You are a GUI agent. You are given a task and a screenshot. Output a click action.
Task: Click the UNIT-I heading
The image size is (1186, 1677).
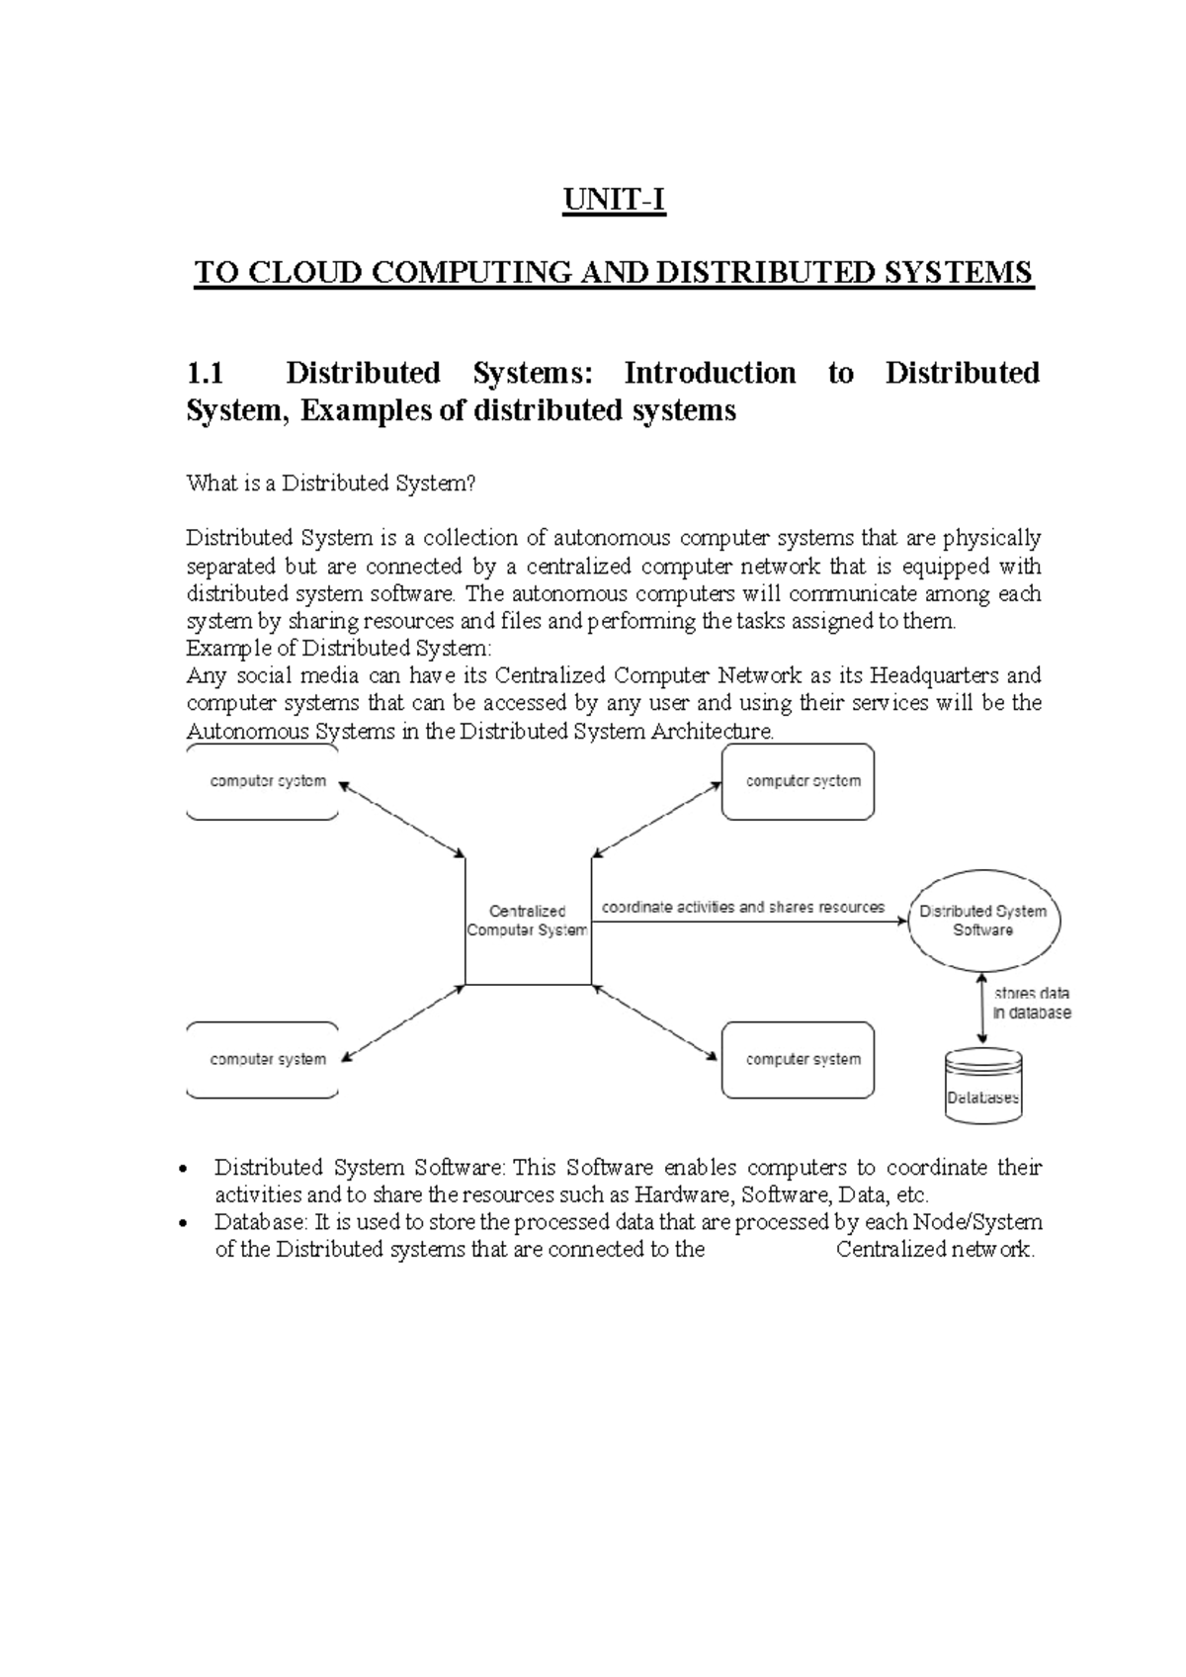click(614, 201)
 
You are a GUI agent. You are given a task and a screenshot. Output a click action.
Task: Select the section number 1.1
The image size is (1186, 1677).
click(206, 374)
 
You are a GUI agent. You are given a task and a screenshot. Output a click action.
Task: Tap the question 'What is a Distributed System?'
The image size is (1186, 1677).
click(332, 484)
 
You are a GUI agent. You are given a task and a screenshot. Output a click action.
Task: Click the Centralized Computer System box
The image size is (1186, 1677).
click(528, 921)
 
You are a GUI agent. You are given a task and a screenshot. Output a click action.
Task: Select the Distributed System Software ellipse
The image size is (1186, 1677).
click(983, 921)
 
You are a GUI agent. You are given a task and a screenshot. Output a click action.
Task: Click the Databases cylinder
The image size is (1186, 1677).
click(983, 1086)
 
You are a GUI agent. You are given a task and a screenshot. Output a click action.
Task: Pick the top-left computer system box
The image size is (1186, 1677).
click(264, 782)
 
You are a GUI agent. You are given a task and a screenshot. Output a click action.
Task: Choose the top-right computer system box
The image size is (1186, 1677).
click(799, 782)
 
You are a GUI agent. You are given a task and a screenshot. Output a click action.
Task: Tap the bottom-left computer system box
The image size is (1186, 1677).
click(264, 1060)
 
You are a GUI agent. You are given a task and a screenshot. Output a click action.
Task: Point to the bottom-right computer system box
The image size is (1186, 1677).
click(799, 1060)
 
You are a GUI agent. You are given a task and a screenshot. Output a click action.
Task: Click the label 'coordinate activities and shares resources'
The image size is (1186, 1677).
click(743, 907)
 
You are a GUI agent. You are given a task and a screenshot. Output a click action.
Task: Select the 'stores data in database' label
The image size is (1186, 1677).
click(1032, 1003)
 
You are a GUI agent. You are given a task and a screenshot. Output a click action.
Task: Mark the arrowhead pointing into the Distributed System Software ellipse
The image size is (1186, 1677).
click(901, 921)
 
